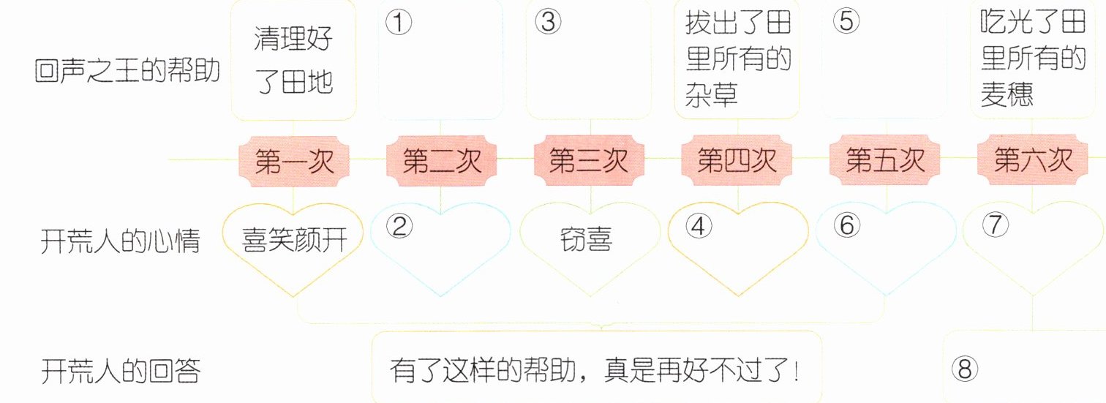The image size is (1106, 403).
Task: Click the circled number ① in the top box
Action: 398,23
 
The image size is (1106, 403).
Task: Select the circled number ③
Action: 547,23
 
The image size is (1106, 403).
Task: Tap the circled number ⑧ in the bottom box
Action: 966,370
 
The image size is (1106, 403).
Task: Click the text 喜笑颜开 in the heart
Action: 293,240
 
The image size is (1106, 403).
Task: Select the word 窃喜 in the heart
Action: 588,241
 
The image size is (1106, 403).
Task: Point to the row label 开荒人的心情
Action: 120,242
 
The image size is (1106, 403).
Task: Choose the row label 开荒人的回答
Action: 120,371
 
